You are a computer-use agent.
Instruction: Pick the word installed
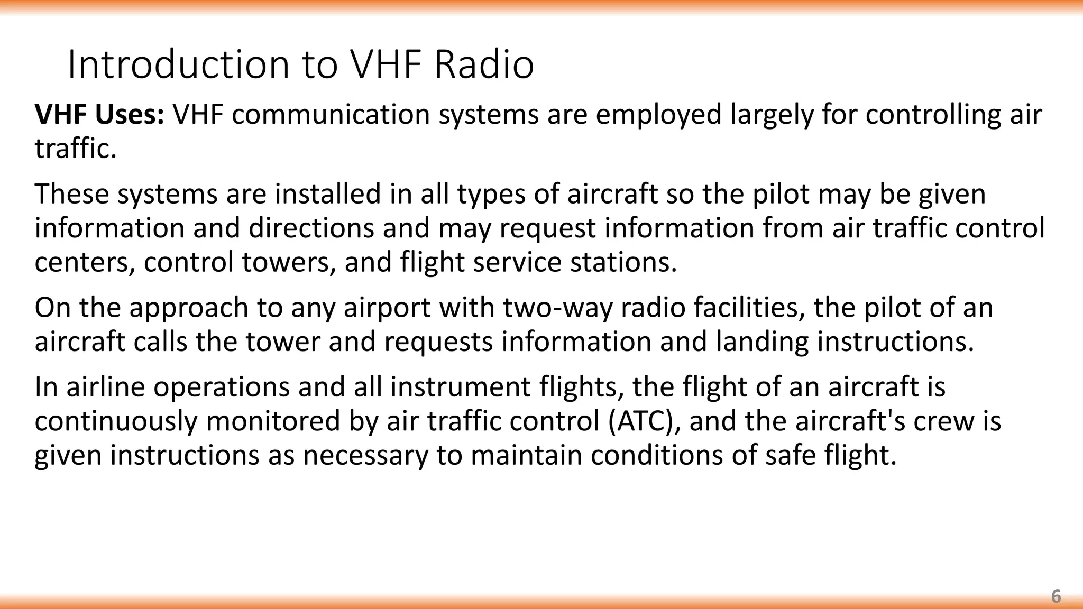pos(328,194)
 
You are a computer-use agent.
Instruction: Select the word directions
pos(311,228)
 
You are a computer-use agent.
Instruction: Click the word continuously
pos(116,421)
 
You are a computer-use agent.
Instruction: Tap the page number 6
pos(1056,596)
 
